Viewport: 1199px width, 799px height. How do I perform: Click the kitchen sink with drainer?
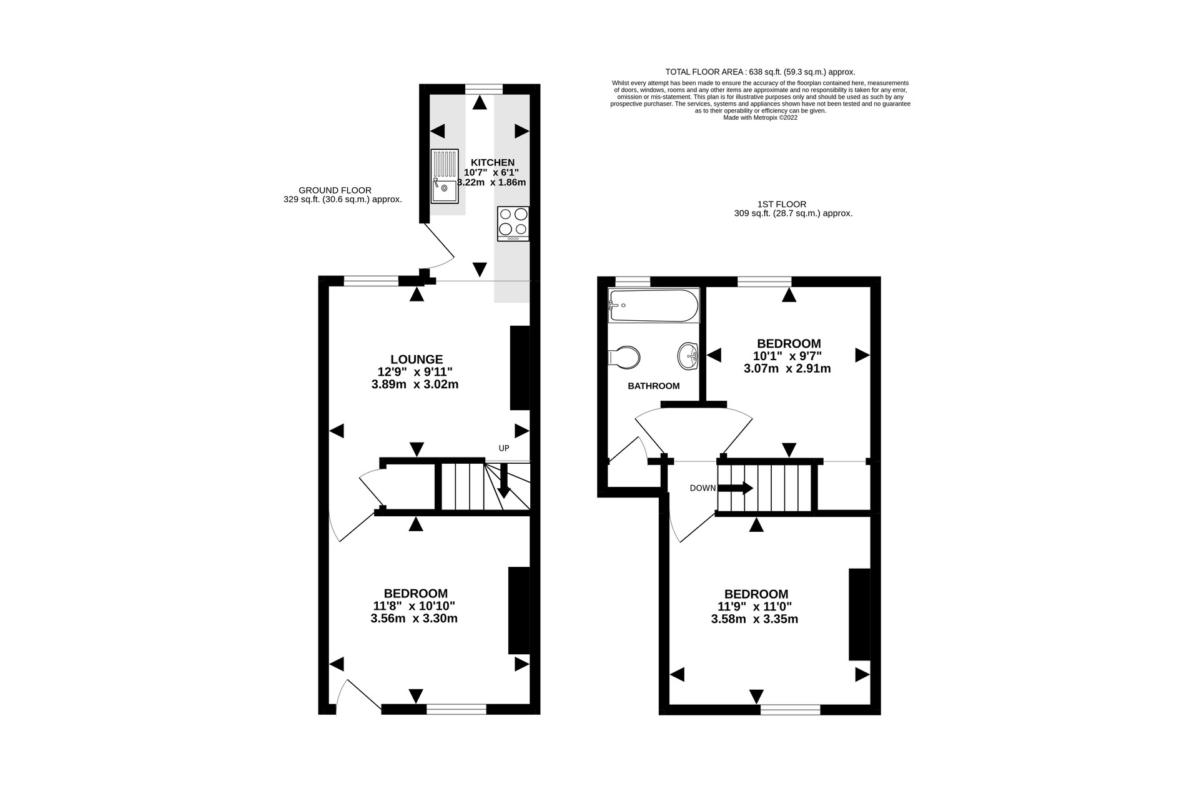(445, 176)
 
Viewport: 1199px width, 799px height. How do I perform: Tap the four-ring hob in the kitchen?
(513, 223)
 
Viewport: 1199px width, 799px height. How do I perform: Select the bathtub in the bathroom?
(654, 306)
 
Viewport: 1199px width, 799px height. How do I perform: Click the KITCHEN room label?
(493, 162)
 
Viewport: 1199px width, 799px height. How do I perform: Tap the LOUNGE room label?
(417, 360)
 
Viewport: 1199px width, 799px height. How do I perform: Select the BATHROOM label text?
(654, 386)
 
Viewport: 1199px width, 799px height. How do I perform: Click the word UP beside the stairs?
(504, 448)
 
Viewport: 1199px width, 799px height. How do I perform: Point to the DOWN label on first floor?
(703, 488)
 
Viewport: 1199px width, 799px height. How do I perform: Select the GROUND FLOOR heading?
(335, 190)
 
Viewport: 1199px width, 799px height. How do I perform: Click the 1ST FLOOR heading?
(781, 204)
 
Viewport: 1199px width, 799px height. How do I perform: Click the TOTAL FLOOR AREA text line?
(760, 72)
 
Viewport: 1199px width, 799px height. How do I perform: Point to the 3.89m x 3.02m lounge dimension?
(415, 385)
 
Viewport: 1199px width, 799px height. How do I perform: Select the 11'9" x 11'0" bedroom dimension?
(755, 607)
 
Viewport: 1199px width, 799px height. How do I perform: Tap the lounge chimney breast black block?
(520, 368)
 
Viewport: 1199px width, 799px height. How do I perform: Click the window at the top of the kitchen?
(484, 89)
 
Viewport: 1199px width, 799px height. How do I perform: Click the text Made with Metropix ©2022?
(760, 117)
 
